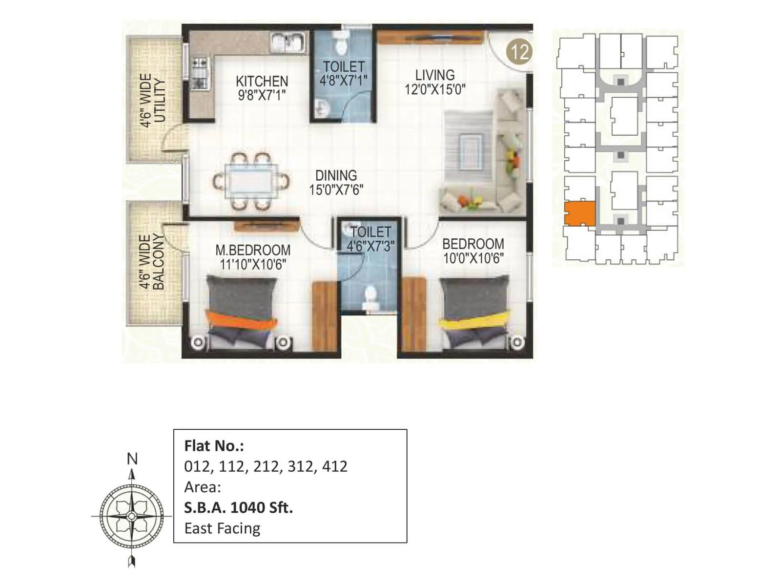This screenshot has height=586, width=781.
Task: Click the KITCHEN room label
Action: tap(262, 81)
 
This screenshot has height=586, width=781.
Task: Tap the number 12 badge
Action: tap(519, 51)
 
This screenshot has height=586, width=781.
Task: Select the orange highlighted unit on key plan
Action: tap(580, 213)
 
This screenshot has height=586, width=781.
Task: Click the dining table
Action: tap(251, 182)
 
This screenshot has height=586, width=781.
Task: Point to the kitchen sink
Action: tap(288, 42)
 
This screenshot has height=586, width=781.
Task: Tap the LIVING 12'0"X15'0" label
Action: tap(434, 83)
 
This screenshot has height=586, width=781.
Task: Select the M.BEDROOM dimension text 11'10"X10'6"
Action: tap(253, 265)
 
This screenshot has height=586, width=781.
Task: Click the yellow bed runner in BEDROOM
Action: tap(473, 323)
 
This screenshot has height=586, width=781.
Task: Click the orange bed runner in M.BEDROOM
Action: tap(242, 321)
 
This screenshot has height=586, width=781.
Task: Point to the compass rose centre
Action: tap(132, 516)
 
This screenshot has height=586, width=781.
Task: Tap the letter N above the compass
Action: tap(132, 459)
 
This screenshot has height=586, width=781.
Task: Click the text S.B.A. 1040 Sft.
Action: tap(238, 508)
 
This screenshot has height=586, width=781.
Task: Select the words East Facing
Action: tap(222, 528)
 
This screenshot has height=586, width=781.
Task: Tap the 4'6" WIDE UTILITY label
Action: tap(152, 101)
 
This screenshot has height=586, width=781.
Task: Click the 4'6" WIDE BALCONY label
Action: tap(152, 262)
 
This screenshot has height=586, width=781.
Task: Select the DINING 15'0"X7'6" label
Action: tap(336, 183)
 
